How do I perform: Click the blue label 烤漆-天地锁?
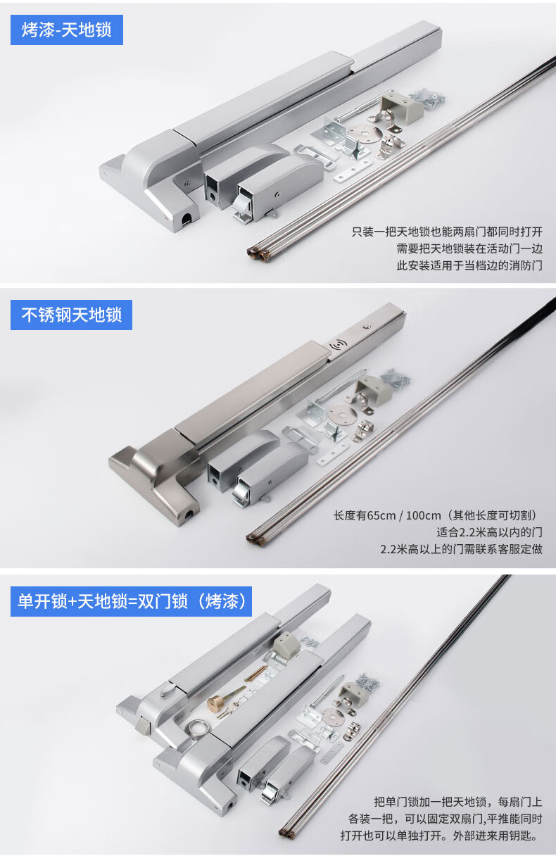coord(66,30)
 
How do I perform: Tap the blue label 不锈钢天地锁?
coord(71,315)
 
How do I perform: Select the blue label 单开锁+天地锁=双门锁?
coord(131,601)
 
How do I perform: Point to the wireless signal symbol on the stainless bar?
coord(337,346)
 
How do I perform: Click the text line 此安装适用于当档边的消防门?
coord(469,265)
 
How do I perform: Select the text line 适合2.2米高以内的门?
coord(490,532)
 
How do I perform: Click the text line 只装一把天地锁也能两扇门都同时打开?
coord(447,232)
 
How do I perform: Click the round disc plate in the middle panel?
coord(342,413)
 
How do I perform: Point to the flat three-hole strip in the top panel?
coord(353,171)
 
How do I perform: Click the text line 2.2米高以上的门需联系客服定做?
coord(461,549)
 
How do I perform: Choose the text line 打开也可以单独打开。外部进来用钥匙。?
coord(439,836)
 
